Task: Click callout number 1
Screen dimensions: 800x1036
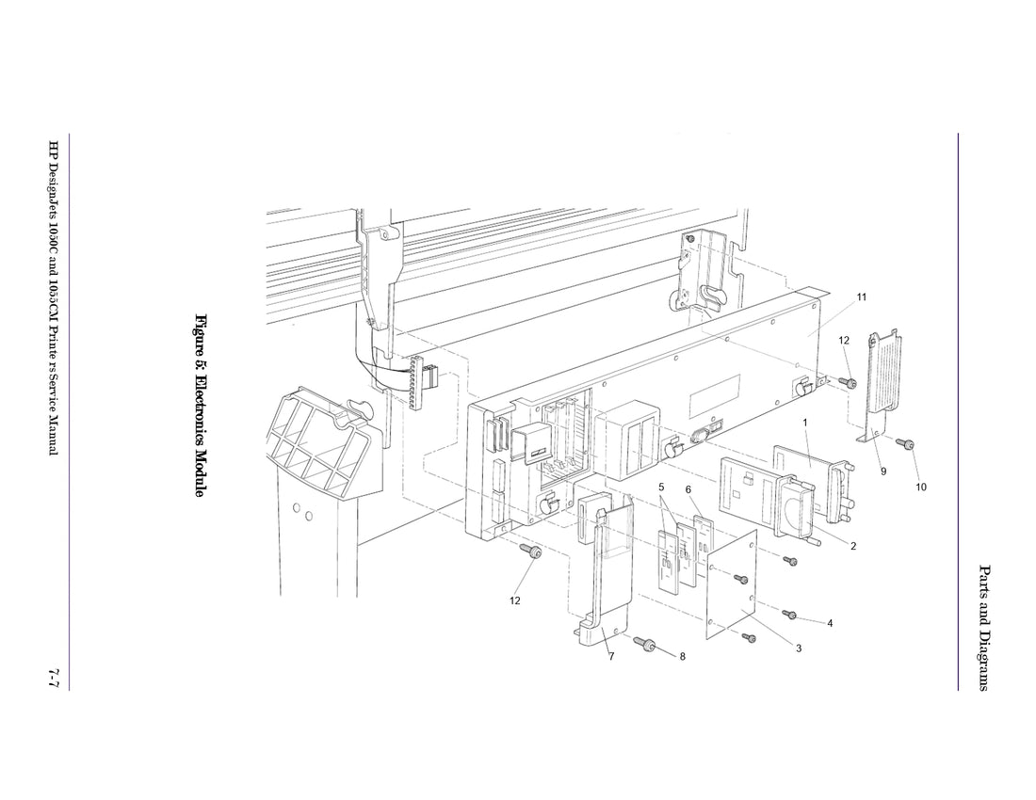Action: (x=805, y=423)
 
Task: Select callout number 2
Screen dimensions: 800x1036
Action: (x=853, y=547)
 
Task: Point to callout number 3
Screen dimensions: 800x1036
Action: (x=798, y=648)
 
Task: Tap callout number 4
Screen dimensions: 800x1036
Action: (x=830, y=623)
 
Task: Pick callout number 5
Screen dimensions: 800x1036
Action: (x=662, y=487)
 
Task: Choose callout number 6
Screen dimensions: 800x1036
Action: (x=688, y=489)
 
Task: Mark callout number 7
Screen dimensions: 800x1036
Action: (x=610, y=656)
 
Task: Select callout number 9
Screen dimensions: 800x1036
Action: (x=883, y=471)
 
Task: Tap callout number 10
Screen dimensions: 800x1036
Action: (x=921, y=487)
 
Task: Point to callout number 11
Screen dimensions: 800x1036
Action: (x=861, y=297)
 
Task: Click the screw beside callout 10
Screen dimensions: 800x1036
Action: (x=909, y=443)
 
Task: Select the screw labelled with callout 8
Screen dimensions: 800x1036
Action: (x=645, y=645)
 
